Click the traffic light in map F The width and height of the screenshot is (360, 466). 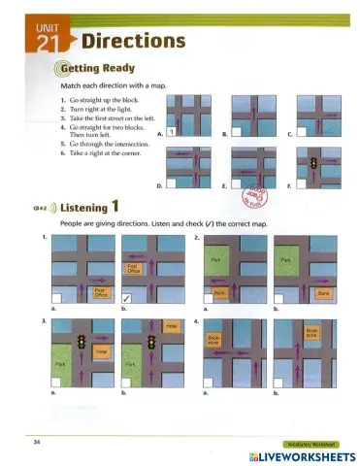(313, 163)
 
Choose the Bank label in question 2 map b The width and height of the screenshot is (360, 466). (325, 291)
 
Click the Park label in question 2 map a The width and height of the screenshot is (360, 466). (217, 261)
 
